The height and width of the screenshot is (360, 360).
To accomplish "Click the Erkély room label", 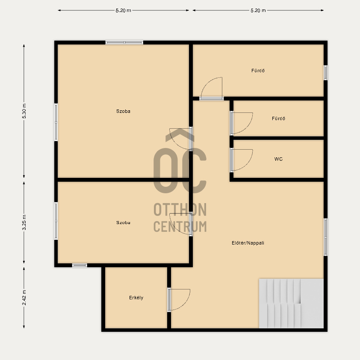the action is tap(136, 298).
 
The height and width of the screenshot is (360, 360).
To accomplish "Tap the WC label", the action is tap(278, 159).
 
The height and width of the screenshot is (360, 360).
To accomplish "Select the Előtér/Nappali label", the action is tap(248, 243).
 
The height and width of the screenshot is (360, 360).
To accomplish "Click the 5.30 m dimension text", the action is tap(24, 111).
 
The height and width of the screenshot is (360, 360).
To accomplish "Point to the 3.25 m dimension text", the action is tap(24, 222).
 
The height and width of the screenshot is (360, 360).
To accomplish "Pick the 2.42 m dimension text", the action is tap(24, 298).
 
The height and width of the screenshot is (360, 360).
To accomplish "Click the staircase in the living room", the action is tap(291, 303).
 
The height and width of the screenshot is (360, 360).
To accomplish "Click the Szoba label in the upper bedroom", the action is tap(123, 111).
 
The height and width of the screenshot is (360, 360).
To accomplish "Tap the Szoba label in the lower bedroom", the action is tap(123, 223).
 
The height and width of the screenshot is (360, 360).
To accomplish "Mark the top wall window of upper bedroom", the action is tap(124, 42).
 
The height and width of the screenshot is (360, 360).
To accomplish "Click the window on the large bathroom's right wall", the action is tap(325, 73).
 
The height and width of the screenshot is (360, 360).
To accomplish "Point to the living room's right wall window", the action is tap(325, 237).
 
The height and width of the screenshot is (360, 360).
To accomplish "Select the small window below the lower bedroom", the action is tap(80, 266).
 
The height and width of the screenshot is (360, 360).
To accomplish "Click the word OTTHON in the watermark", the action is tap(180, 210).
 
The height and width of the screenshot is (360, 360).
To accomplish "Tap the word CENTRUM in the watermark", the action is tap(180, 226).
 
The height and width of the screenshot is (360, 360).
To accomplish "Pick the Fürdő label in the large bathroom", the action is tap(258, 71).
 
